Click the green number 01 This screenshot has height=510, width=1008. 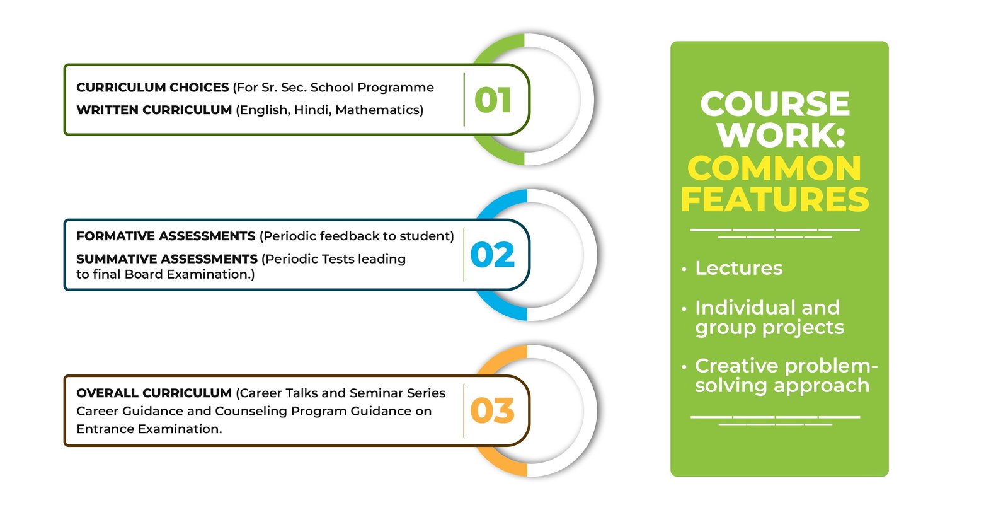tap(493, 100)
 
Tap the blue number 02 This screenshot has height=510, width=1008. tap(492, 255)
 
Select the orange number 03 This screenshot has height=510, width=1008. tap(492, 411)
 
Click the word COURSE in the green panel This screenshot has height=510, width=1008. tap(775, 104)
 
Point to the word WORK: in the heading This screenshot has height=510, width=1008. tap(781, 134)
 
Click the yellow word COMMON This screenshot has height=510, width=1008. tap(774, 168)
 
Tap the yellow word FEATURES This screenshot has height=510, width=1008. tap(774, 199)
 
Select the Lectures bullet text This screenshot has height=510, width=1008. tap(739, 269)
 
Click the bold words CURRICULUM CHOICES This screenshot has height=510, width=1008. tap(152, 88)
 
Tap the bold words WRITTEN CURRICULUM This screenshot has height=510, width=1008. tap(154, 110)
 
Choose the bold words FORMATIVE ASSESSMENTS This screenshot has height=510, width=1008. tap(166, 236)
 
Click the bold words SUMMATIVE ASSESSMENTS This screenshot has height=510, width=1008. tap(167, 259)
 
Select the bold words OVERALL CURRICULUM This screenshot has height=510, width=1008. tap(154, 393)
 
